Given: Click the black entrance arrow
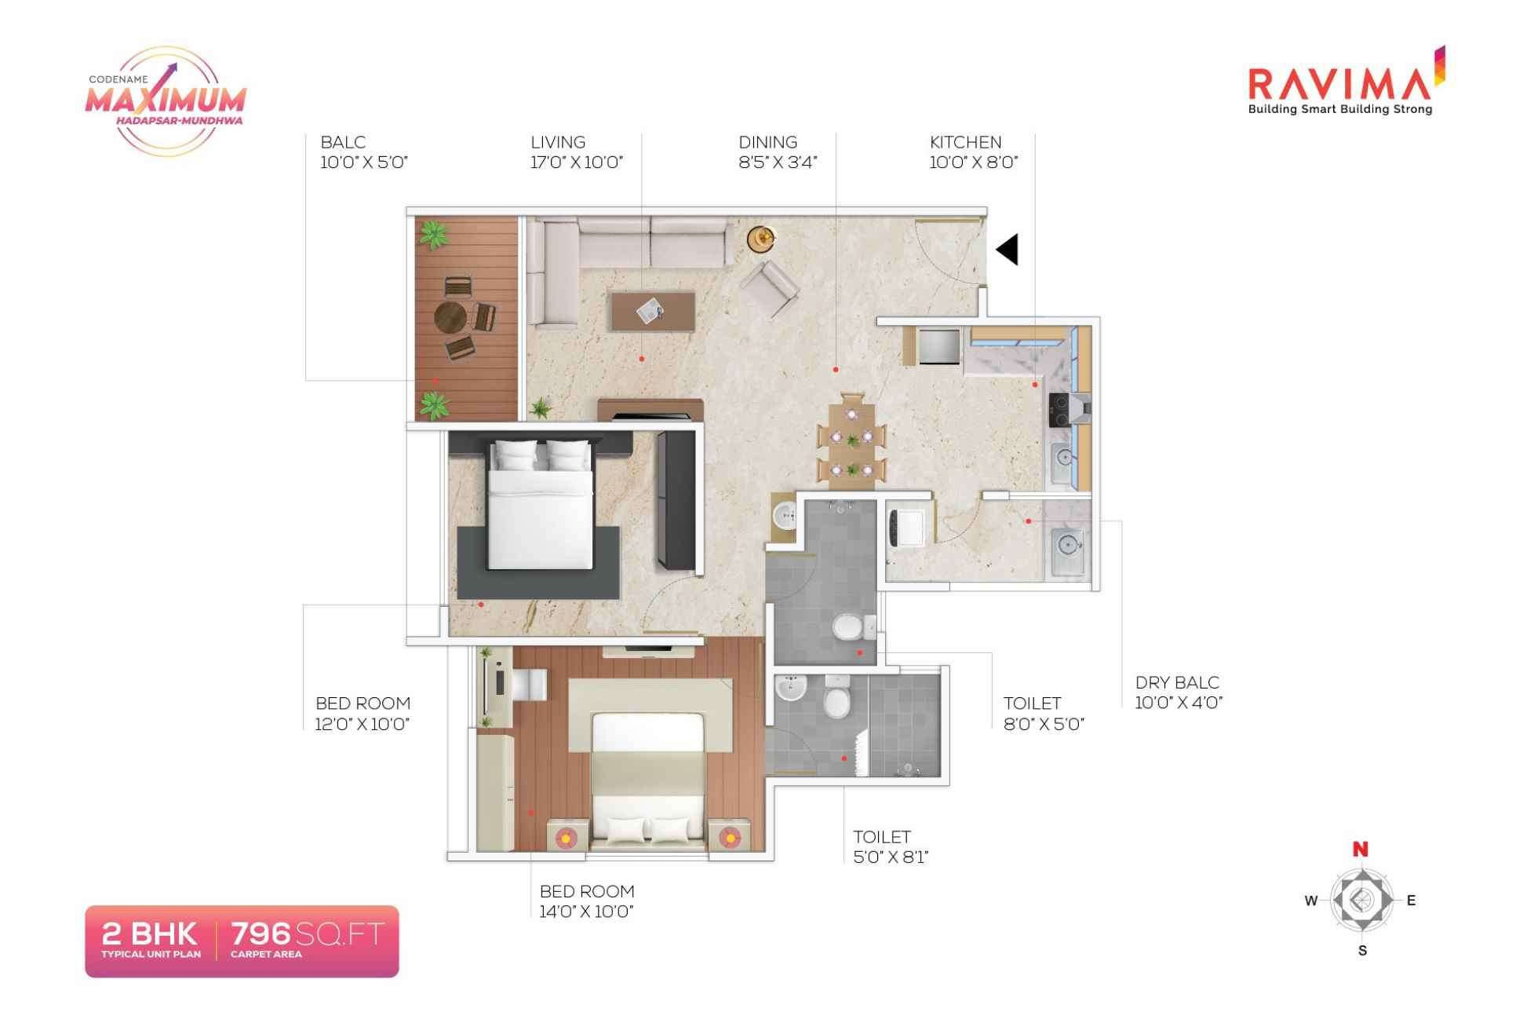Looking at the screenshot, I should (x=1008, y=250).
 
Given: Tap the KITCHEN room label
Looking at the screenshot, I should (x=965, y=142).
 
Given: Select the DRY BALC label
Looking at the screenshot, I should (x=1177, y=682).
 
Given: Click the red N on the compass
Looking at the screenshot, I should (x=1361, y=849).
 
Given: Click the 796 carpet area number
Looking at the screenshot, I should (x=261, y=933).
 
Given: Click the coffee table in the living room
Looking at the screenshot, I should (x=652, y=311).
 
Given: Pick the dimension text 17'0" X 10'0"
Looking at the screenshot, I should (x=577, y=163).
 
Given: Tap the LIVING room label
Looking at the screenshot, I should (x=558, y=142).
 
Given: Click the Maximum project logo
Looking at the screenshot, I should (x=166, y=100).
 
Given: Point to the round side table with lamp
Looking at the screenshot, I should (x=760, y=238).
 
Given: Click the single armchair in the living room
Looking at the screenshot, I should (x=770, y=287).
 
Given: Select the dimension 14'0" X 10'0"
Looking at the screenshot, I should (x=586, y=912).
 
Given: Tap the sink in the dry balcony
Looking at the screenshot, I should (x=1066, y=543).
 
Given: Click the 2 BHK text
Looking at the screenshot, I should (x=150, y=933).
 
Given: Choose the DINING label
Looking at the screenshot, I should (x=767, y=142).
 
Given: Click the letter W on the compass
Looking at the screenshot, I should (x=1311, y=901).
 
